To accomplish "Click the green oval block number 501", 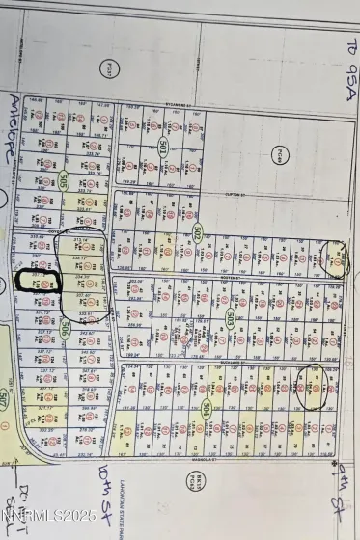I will point(163,148).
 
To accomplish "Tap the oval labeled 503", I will point(231,316).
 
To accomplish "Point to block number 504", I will point(208,408).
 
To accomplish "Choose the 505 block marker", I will point(64,180).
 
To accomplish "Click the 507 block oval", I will point(5,398).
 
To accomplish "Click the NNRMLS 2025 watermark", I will point(48,517).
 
